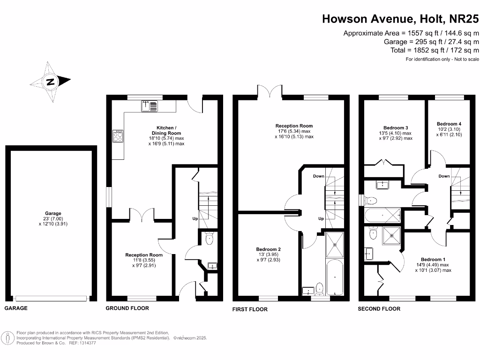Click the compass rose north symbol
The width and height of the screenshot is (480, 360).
51,82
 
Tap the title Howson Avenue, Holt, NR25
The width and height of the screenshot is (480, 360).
400,19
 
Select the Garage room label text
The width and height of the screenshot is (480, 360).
53,213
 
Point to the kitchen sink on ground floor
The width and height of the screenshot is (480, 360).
150,106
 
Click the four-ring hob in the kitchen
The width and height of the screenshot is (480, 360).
118,136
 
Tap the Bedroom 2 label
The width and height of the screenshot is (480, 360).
268,249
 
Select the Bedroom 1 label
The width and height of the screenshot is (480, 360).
433,259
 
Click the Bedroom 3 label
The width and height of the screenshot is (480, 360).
396,128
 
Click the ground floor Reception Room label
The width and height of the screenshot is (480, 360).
144,255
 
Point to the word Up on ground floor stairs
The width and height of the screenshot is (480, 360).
195,219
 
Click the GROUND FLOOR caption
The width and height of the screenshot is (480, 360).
127,308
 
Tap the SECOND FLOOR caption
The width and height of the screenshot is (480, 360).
379,309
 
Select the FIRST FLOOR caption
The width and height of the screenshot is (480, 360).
250,309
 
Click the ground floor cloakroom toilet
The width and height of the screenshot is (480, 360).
209,240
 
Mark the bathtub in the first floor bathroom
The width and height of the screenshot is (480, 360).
335,276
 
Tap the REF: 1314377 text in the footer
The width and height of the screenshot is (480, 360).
82,343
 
